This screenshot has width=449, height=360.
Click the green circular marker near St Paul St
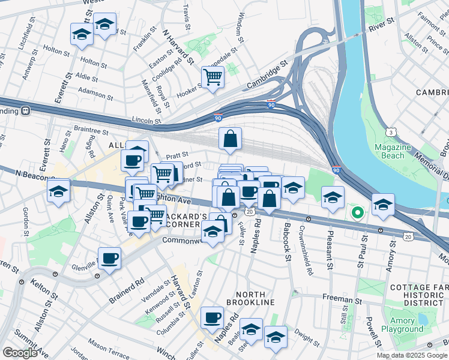[357, 212]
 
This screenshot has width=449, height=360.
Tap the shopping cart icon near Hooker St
[212, 77]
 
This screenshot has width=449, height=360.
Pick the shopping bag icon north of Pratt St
[230, 139]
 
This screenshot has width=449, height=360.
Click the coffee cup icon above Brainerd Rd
[109, 259]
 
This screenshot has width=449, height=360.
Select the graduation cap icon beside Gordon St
[59, 191]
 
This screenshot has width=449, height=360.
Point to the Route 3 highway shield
[391, 131]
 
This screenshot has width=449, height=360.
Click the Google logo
[20, 353]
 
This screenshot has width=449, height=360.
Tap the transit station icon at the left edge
[26, 111]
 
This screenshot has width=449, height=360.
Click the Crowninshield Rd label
[310, 253]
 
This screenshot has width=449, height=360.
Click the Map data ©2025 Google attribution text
[412, 355]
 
